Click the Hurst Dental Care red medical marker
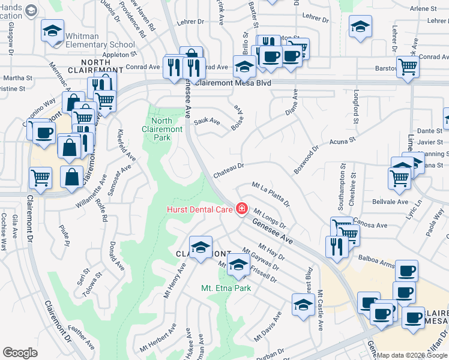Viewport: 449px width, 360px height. pos(241,209)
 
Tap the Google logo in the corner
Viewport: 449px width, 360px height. pos(20,353)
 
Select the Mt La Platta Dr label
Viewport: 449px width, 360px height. pos(271,194)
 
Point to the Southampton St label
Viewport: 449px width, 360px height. pos(340,187)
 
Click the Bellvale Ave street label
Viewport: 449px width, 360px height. pos(390,202)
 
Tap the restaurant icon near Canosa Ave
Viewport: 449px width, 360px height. pos(337,245)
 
